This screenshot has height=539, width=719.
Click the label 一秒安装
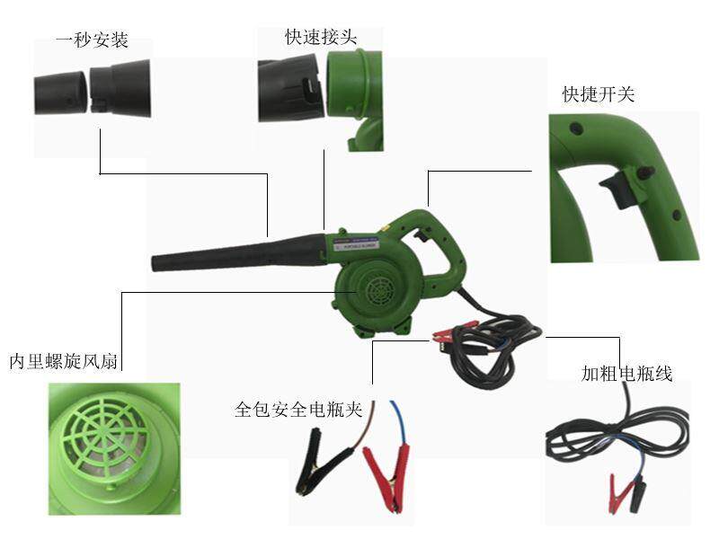click(x=92, y=40)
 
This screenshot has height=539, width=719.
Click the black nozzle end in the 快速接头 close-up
click(x=290, y=90)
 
